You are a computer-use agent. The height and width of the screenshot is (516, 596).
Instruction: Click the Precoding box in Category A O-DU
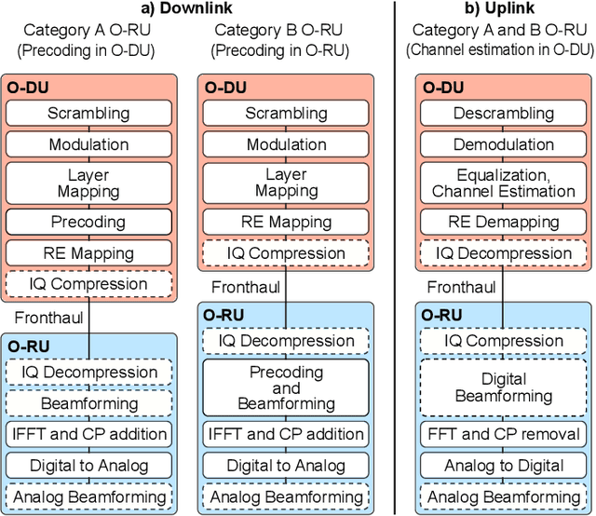coord(89,222)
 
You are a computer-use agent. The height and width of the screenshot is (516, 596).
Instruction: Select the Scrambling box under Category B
coord(286,114)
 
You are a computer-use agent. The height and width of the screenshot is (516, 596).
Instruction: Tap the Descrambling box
coord(504,114)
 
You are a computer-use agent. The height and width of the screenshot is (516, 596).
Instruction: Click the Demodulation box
coord(504,144)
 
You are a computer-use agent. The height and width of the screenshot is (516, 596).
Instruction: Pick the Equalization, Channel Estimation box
coord(504,183)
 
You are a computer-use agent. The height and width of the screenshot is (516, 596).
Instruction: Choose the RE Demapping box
coord(504,222)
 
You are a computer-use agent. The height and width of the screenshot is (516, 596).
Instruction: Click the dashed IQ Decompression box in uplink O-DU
coord(504,252)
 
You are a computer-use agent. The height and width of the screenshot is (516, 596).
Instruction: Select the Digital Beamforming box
coord(504,387)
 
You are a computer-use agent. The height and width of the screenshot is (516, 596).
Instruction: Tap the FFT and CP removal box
coord(504,434)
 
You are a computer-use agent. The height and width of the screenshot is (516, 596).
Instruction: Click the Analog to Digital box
coord(504,466)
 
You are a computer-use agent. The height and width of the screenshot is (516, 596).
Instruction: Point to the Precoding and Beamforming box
coord(286,387)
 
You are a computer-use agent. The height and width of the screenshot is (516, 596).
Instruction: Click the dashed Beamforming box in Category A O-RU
coord(89,403)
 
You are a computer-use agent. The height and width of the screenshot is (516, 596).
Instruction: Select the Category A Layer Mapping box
coord(89,183)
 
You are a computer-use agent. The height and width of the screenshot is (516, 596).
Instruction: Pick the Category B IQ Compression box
coord(286,253)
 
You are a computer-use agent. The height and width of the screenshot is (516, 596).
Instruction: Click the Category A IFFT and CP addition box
coord(89,434)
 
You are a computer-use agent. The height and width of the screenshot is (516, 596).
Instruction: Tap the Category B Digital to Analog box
coord(286,466)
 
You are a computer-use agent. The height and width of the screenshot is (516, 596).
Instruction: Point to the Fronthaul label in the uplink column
coord(462,287)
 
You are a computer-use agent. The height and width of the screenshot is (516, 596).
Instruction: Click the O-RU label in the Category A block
coord(29,346)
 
